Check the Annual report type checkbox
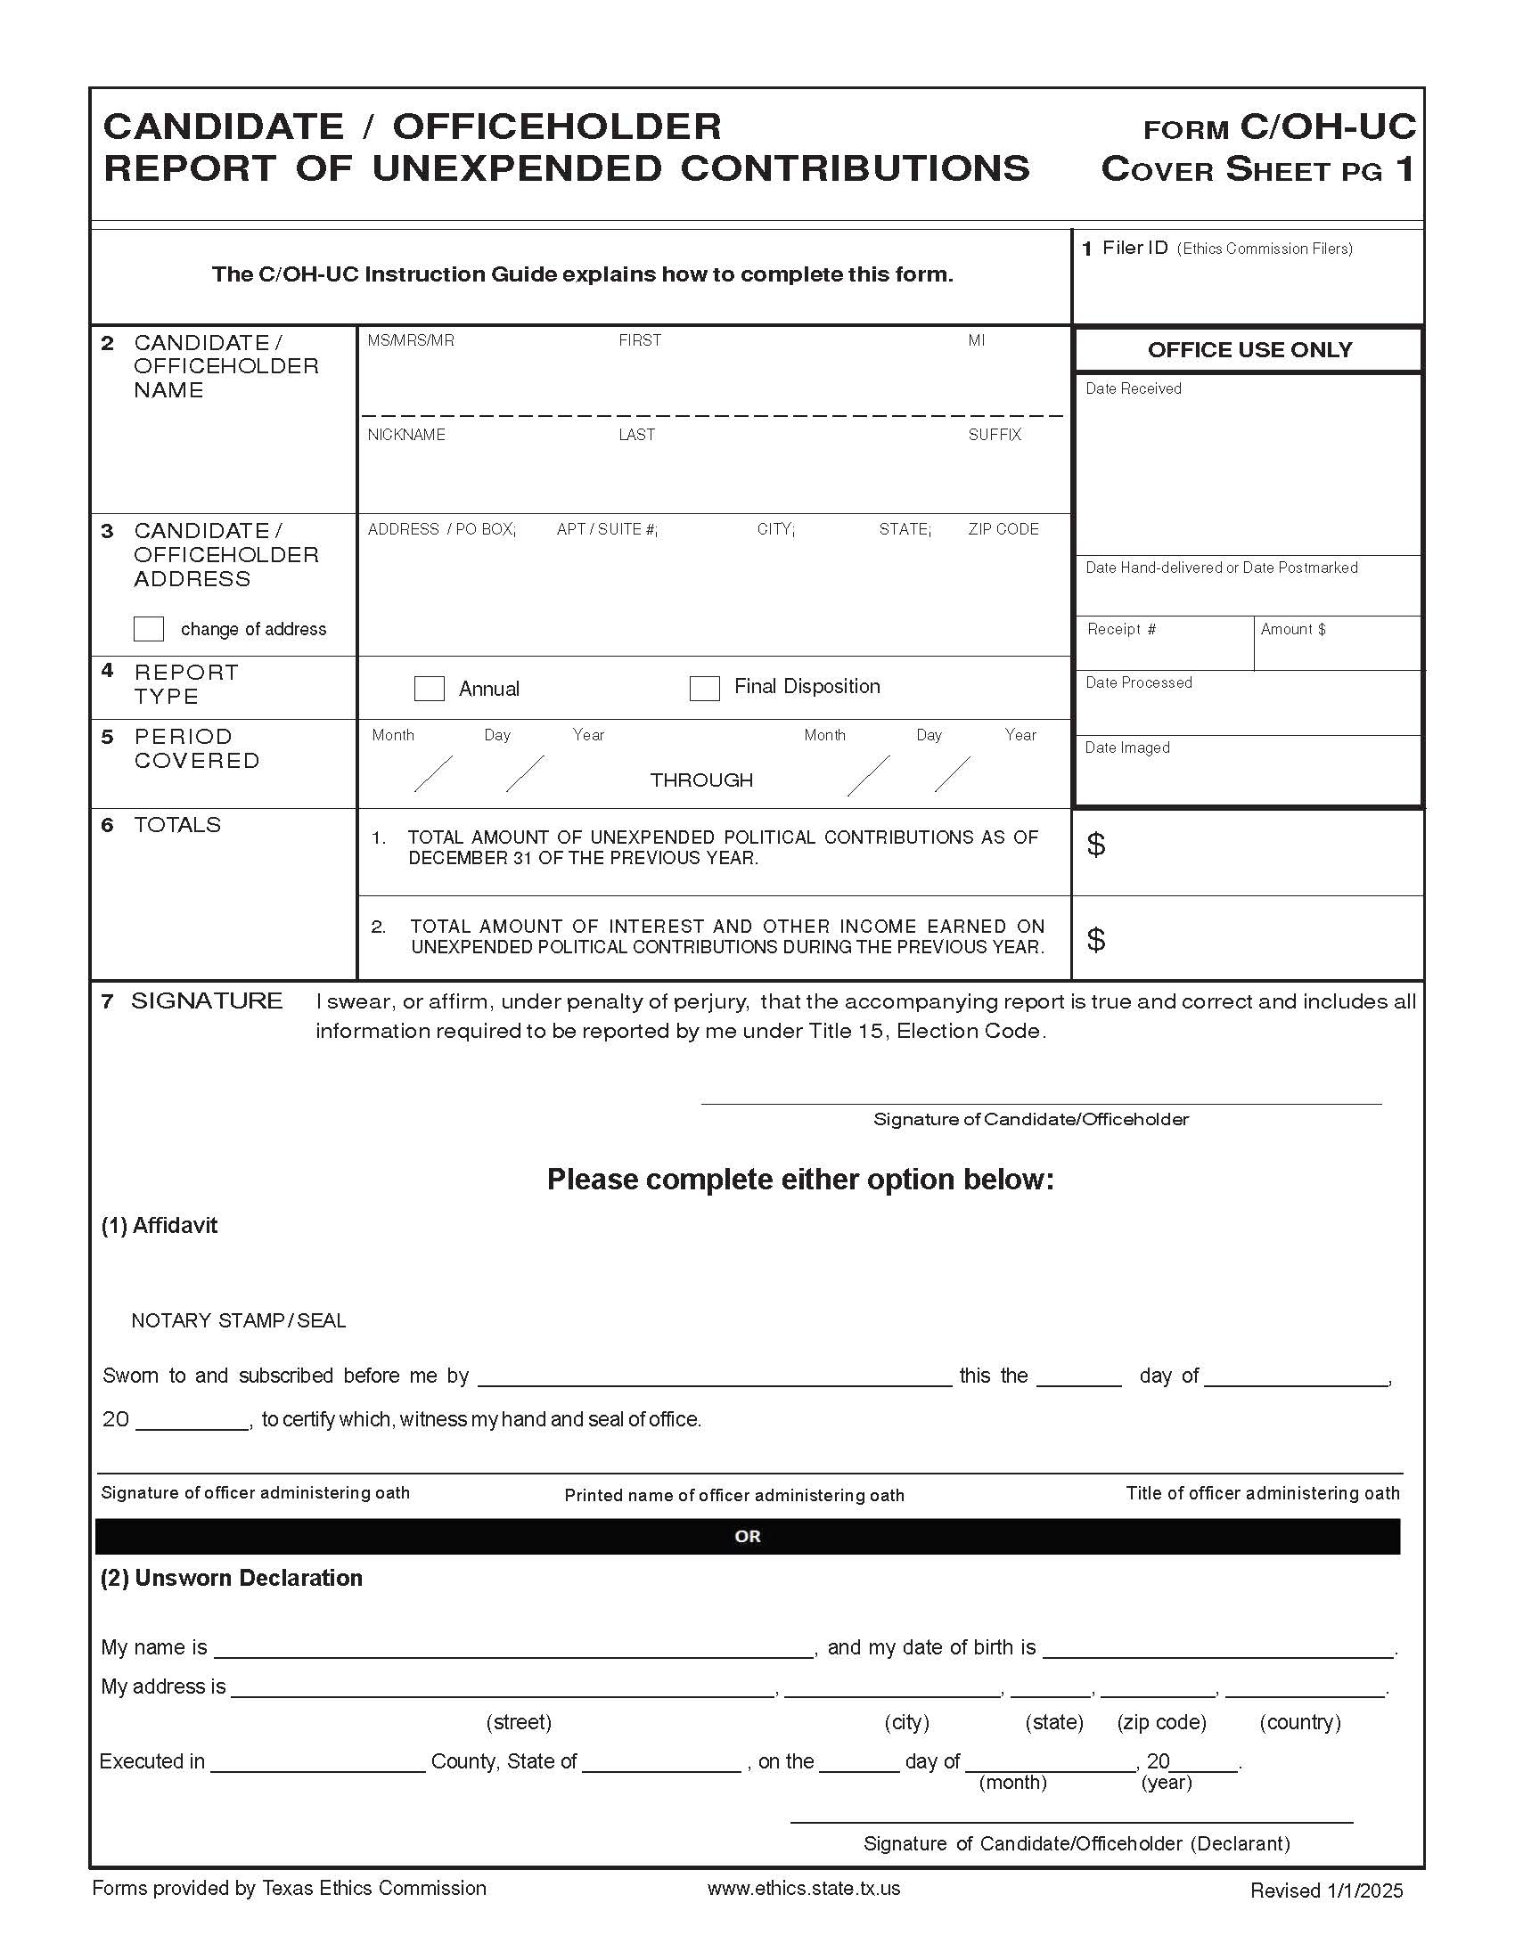(429, 689)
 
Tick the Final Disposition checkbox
(705, 689)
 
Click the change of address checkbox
(148, 628)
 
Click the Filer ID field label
(1134, 248)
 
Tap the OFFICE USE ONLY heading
(1249, 350)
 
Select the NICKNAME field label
(405, 435)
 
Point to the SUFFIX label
(995, 435)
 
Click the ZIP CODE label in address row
(1003, 529)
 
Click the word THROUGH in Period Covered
(701, 780)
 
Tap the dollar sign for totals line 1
(1096, 845)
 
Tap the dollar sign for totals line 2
(1096, 940)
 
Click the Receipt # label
(1121, 629)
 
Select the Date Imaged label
(1127, 747)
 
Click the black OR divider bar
(747, 1537)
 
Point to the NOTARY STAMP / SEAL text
(238, 1320)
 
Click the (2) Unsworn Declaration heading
(232, 1578)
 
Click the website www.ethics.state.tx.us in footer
(803, 1888)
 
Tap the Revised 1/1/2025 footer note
(1326, 1891)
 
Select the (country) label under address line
(1299, 1722)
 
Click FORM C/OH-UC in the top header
(1279, 127)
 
